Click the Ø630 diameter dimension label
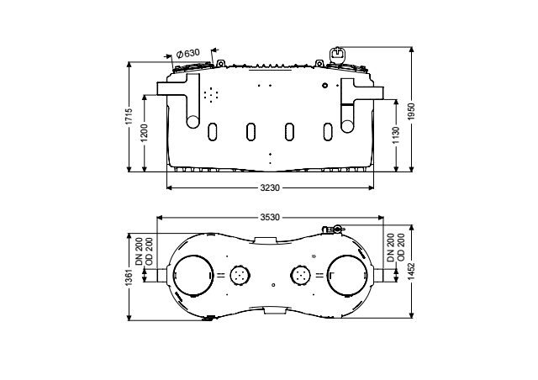tap(187, 54)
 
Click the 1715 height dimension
tap(129, 116)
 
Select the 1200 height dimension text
tap(144, 133)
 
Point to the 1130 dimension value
tap(396, 135)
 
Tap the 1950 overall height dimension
tap(411, 112)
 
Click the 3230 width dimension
tap(270, 187)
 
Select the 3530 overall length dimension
tap(270, 217)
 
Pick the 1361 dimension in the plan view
tap(129, 277)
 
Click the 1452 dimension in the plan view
tap(411, 272)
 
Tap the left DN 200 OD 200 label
tap(144, 251)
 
